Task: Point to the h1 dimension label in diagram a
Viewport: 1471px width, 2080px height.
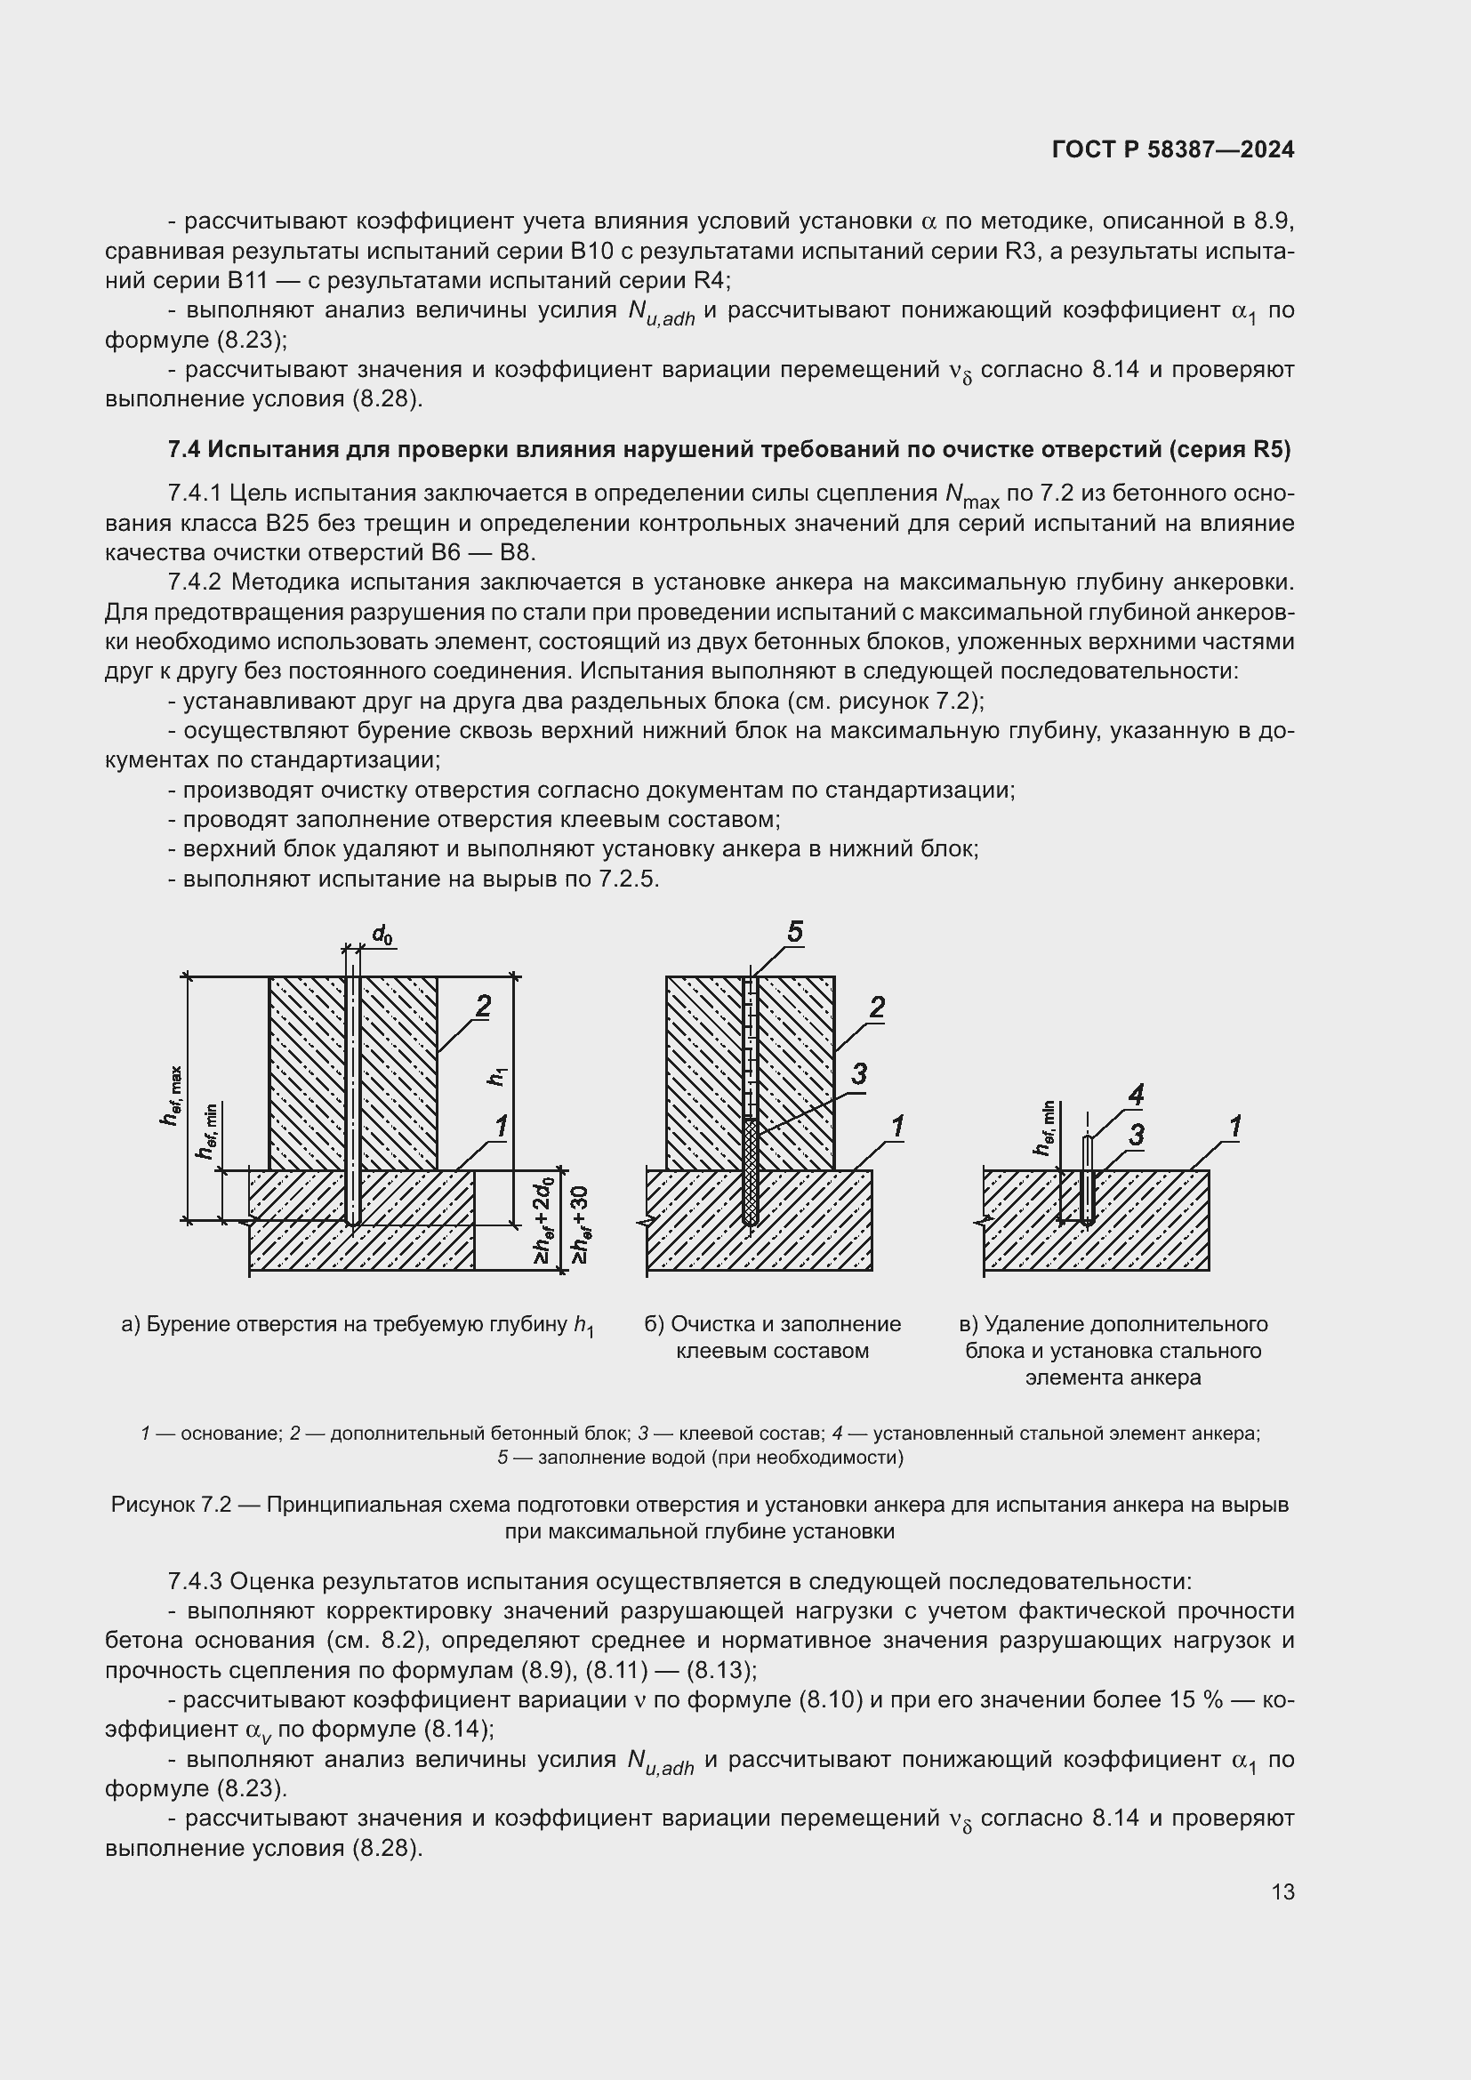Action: click(x=498, y=1076)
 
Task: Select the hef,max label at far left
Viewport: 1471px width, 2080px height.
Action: click(x=173, y=1096)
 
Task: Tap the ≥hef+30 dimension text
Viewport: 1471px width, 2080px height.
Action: click(x=581, y=1225)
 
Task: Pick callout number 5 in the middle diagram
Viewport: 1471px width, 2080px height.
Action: click(x=794, y=932)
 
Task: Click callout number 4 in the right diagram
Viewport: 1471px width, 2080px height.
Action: click(x=1135, y=1096)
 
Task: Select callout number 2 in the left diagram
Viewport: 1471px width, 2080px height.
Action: click(x=483, y=1007)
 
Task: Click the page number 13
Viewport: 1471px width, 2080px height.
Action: click(x=1282, y=1891)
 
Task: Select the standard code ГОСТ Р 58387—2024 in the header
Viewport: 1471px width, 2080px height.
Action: click(x=1173, y=150)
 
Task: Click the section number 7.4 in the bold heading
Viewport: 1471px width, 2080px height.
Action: click(x=185, y=449)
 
